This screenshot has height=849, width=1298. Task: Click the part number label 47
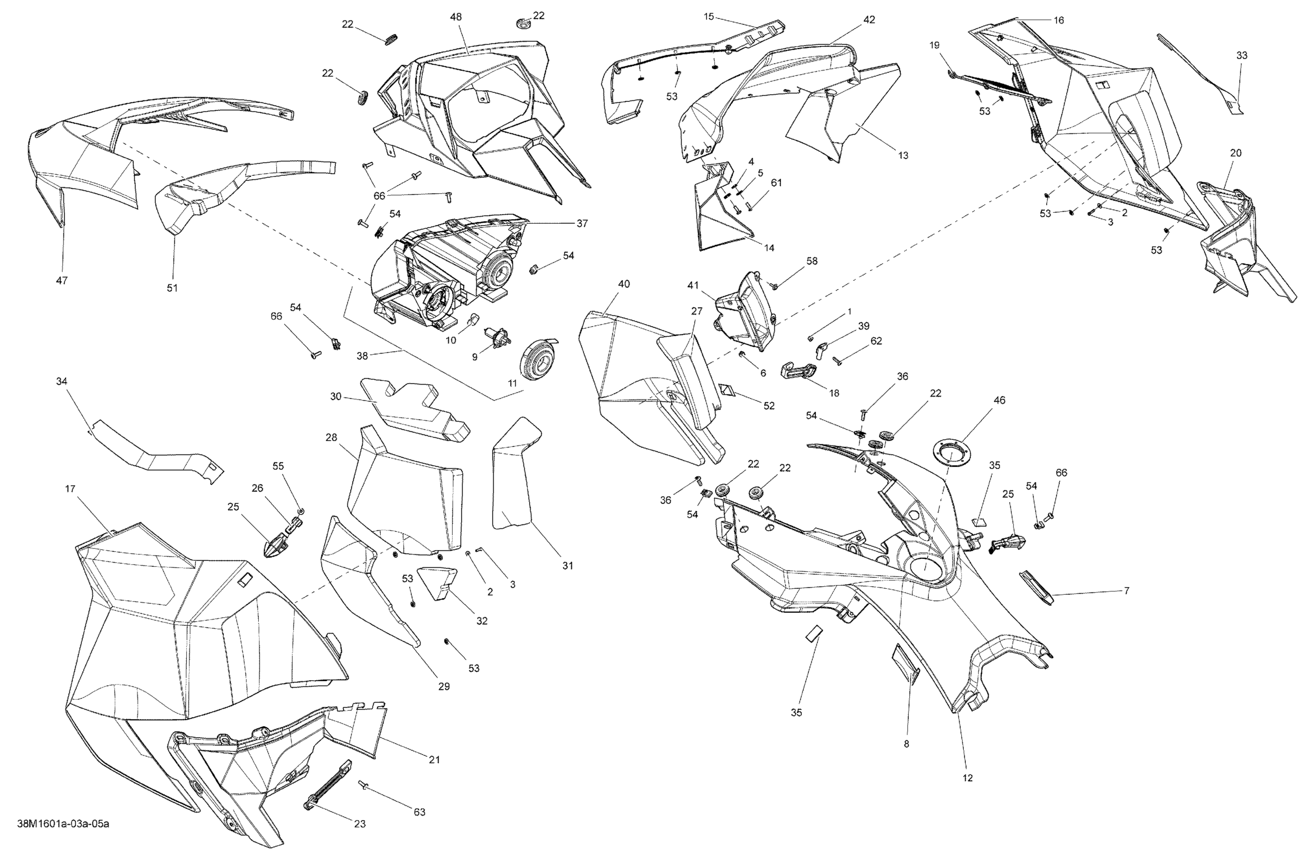point(61,280)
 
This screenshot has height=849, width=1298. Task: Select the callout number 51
point(172,288)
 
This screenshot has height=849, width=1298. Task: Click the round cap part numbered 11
point(537,361)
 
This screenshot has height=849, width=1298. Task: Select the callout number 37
point(583,223)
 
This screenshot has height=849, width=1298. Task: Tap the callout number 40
point(624,284)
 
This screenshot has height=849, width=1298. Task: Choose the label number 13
point(903,155)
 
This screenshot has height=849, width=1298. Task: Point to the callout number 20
point(1236,153)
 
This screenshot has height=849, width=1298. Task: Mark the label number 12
point(967,778)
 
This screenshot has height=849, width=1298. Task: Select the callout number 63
point(419,812)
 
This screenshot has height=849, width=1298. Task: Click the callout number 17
point(70,488)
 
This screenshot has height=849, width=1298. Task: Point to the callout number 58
point(812,261)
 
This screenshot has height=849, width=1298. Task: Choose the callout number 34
point(61,381)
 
